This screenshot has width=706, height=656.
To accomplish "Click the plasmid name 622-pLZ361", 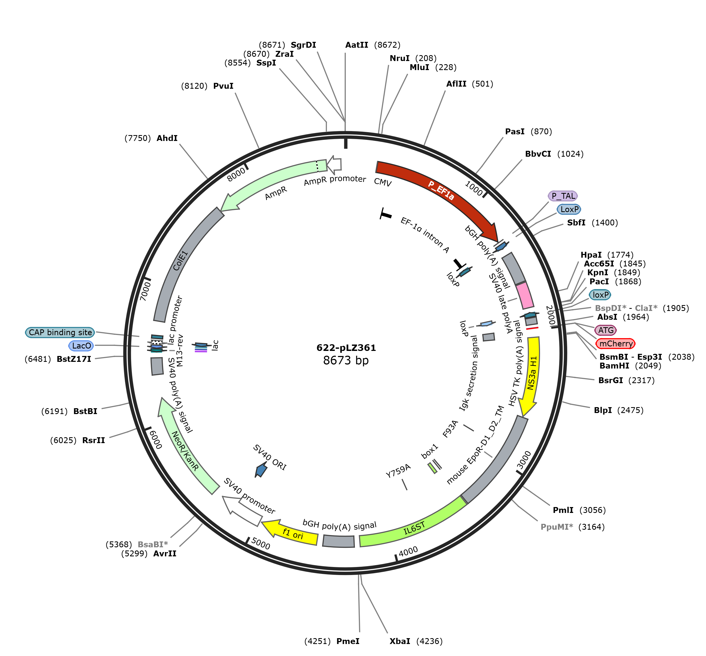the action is click(346, 347).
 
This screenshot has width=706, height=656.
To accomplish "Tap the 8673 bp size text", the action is click(346, 360).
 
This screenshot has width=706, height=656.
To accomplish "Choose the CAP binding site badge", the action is click(60, 332).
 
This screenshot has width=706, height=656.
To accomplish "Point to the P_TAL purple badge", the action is click(563, 196).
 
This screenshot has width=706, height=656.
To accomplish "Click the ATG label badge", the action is click(606, 330).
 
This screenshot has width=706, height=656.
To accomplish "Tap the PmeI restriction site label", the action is click(348, 641).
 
